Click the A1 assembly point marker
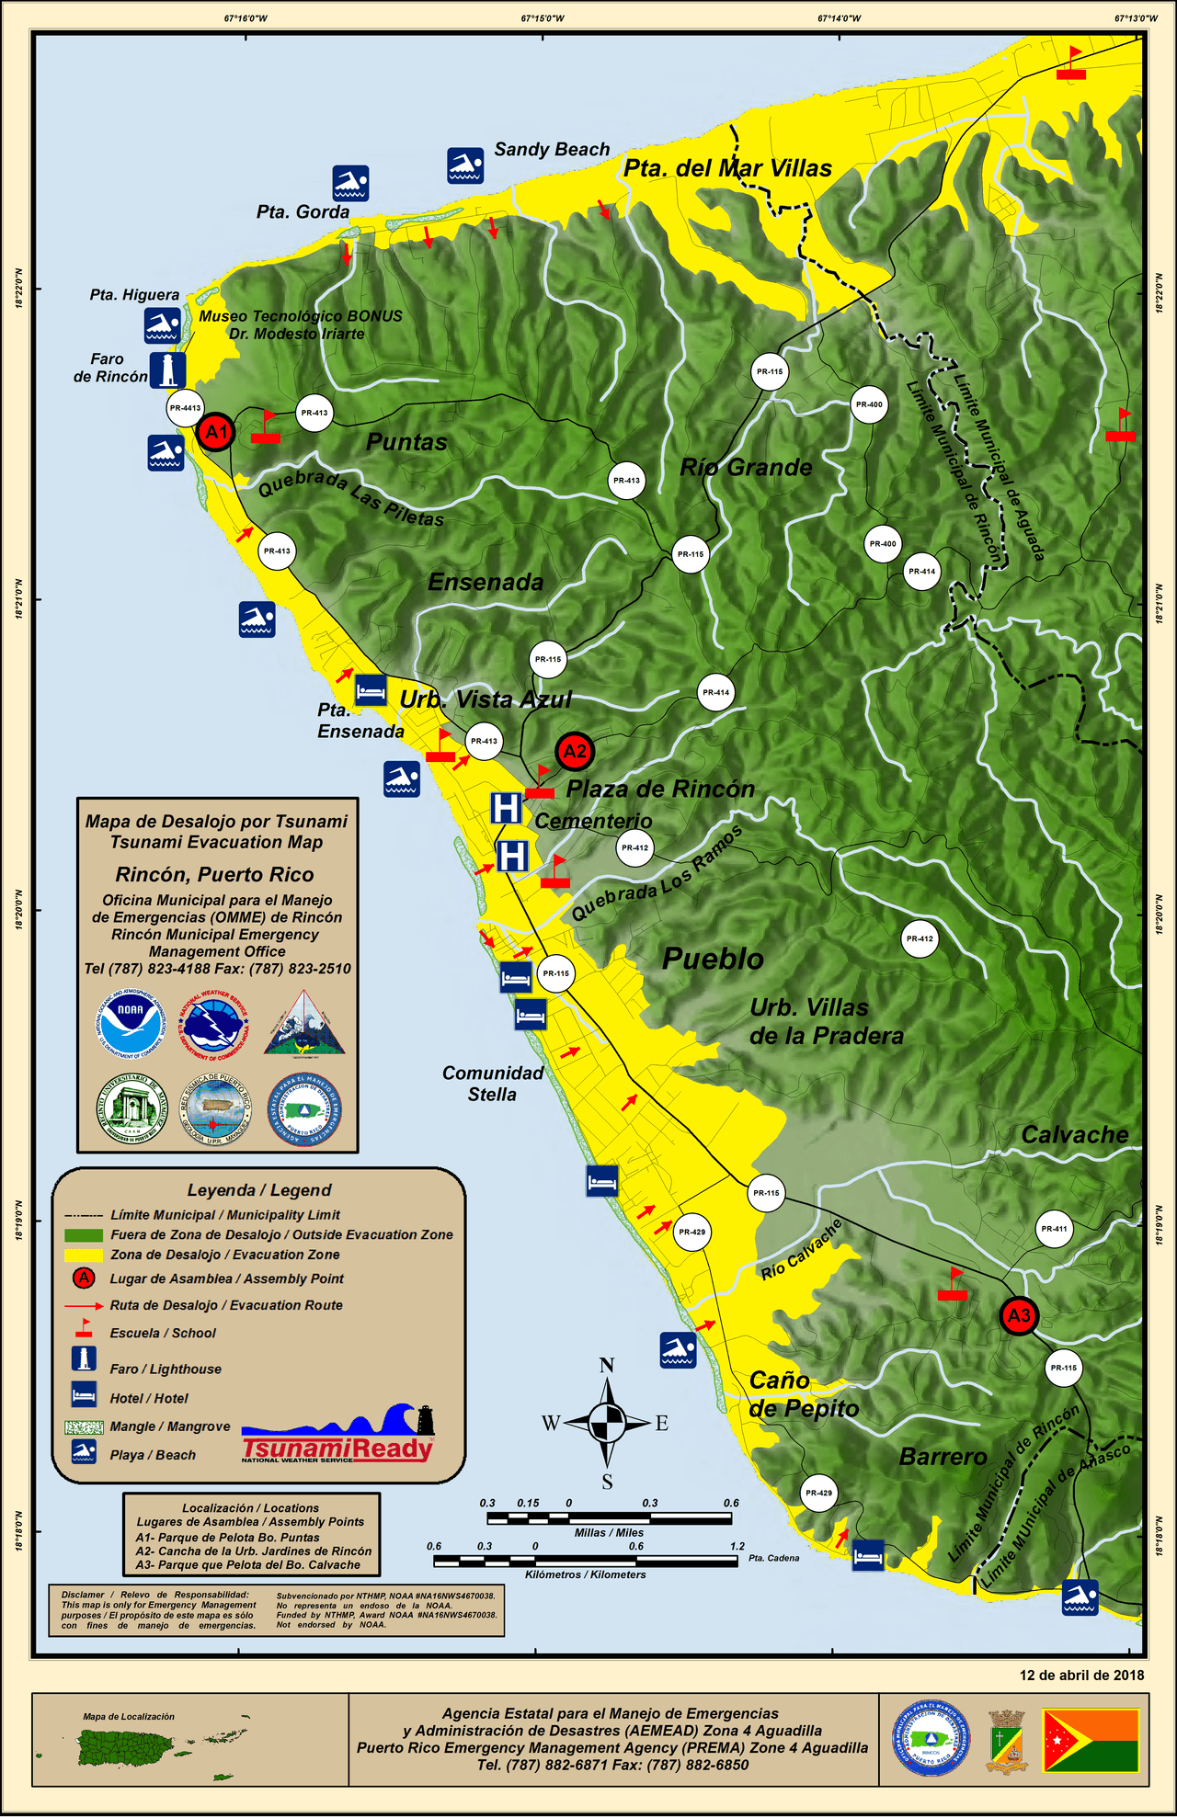(216, 432)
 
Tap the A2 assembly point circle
(575, 752)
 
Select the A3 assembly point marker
(1019, 1315)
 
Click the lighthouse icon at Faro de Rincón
(167, 369)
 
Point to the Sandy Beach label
(552, 150)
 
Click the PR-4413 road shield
(185, 408)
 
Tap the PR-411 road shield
(1054, 1229)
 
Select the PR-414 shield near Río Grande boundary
(921, 572)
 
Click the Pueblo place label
(713, 960)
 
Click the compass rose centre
(607, 1423)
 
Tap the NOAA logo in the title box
(130, 1023)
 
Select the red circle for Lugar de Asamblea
(84, 1278)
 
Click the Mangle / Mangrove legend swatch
(84, 1426)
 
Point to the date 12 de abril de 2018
(1081, 1675)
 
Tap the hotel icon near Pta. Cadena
(868, 1556)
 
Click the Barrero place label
(943, 1457)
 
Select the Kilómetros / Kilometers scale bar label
(586, 1574)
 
